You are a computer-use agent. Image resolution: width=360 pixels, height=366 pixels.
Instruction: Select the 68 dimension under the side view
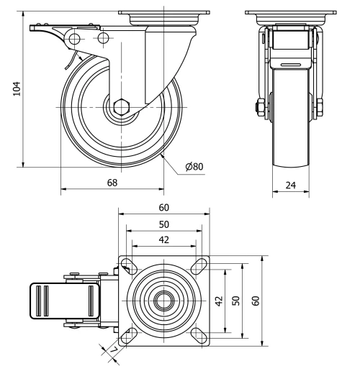point(112,183)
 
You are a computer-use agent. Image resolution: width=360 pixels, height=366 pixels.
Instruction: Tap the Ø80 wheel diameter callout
point(194,167)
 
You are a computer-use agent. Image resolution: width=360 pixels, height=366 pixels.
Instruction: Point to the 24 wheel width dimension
point(291,185)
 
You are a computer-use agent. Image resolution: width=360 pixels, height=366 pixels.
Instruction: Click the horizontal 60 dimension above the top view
point(165,208)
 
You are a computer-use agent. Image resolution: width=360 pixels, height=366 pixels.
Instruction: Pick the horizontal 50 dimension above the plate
point(165,224)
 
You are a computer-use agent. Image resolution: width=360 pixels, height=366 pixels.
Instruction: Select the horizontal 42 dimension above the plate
point(165,239)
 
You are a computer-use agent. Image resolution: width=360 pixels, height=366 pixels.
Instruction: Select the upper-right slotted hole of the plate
point(197,267)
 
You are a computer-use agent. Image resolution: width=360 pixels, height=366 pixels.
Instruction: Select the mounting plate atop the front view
point(291,12)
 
